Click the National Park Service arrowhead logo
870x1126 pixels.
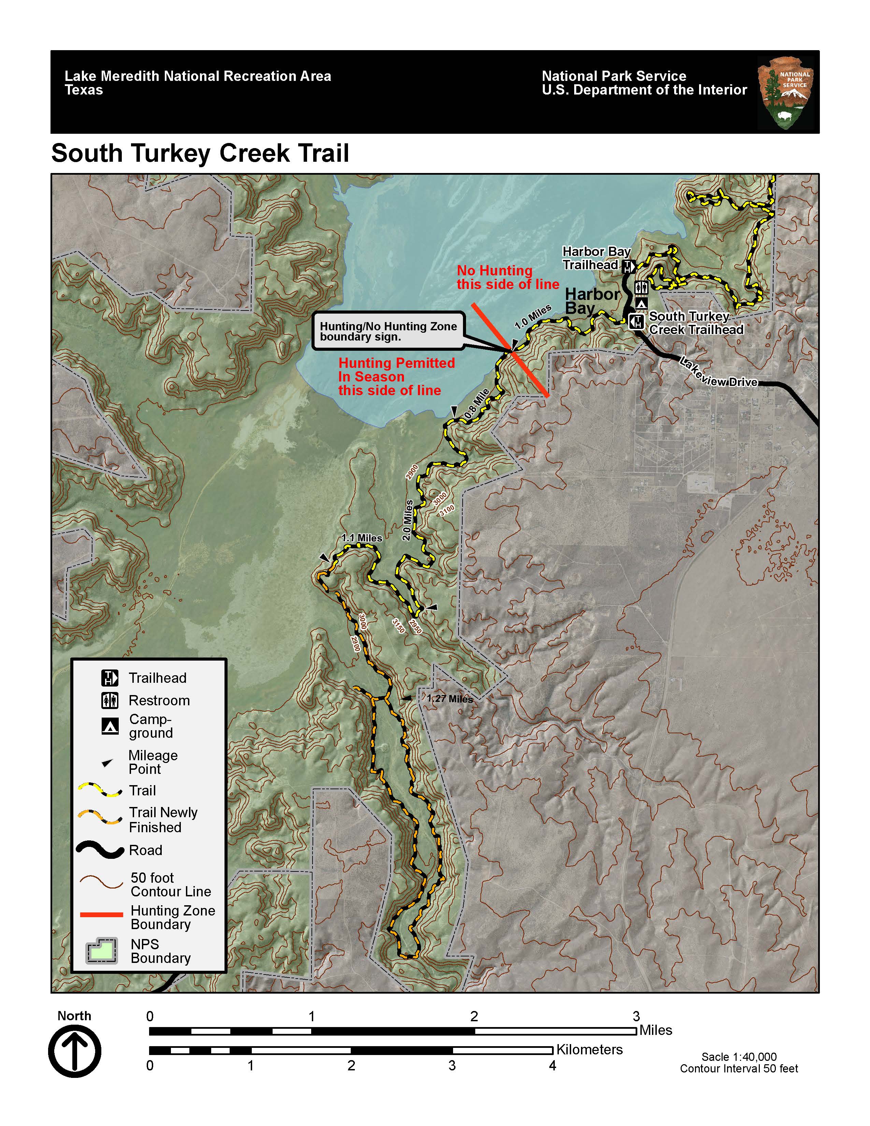point(785,93)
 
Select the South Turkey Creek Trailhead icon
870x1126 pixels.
point(637,322)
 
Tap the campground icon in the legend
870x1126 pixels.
point(110,726)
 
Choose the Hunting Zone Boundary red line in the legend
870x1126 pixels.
point(102,914)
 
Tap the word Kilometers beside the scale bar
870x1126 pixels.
point(589,1049)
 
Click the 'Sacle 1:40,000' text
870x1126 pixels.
point(739,1057)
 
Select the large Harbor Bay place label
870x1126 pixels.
point(592,301)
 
